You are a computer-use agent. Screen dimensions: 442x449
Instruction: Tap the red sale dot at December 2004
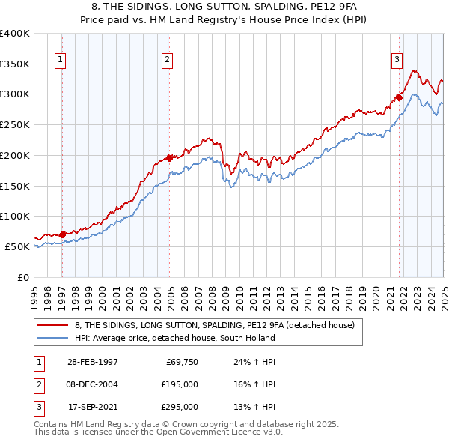pos(170,157)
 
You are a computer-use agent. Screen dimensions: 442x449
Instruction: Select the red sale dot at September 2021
pos(400,97)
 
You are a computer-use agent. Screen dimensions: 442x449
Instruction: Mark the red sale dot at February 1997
pos(63,234)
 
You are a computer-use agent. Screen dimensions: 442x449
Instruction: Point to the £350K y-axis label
pos(15,64)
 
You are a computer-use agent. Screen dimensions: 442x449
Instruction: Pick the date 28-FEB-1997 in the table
pos(93,362)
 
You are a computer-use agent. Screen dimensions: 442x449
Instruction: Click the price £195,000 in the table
pos(180,384)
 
